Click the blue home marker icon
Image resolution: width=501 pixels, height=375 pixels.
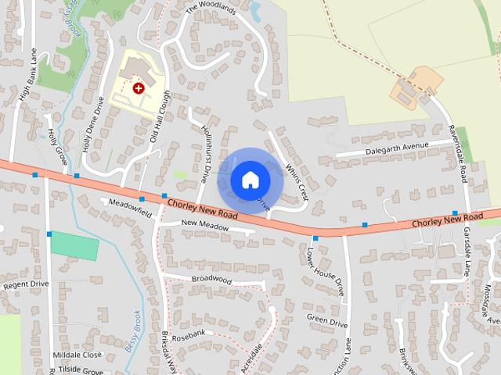click(250, 180)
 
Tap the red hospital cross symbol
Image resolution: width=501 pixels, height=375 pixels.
click(139, 88)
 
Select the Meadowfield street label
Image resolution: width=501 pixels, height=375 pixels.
click(130, 206)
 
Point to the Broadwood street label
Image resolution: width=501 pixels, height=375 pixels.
click(211, 278)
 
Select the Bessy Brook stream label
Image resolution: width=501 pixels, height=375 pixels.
click(132, 332)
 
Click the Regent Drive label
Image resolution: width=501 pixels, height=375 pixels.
click(25, 285)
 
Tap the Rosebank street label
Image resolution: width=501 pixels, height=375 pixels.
click(188, 335)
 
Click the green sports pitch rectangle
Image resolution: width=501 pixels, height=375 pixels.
click(74, 245)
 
